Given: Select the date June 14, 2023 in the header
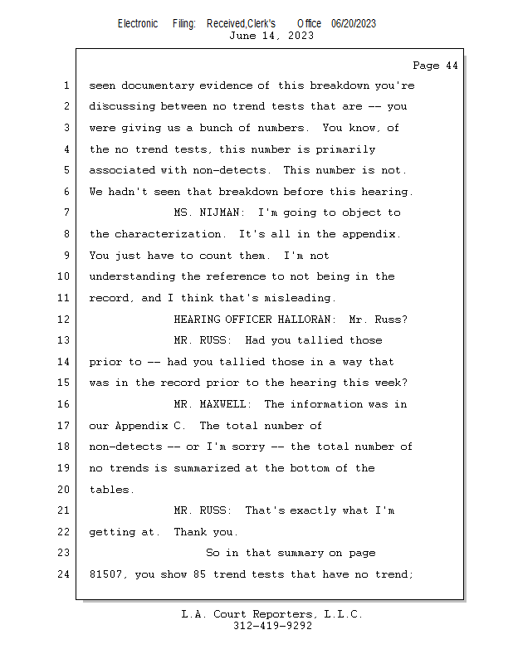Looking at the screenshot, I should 271,36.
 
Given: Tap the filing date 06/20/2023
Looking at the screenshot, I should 354,23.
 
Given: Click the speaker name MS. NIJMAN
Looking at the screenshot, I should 200,213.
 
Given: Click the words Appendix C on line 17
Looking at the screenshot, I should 148,426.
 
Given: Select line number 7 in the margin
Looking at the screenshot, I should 66,213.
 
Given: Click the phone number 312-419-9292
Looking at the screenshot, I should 273,626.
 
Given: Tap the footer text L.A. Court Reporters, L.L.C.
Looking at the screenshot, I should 272,614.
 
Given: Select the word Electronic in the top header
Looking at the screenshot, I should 138,23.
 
